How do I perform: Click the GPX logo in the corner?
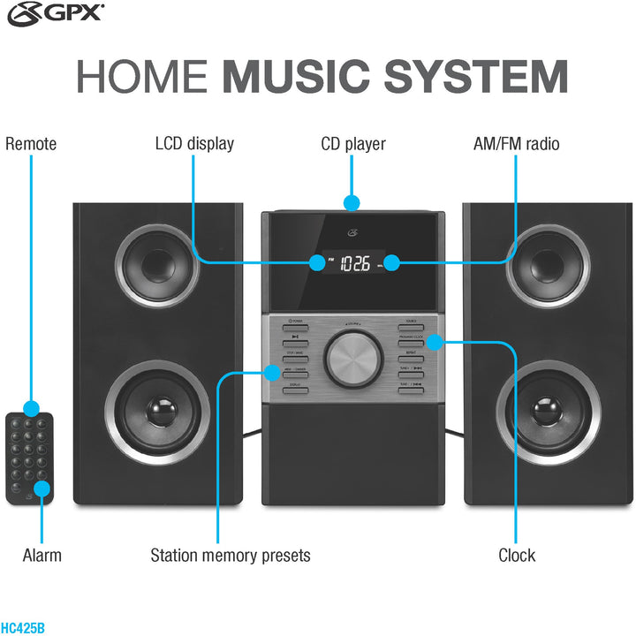click(x=55, y=12)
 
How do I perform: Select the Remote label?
click(x=31, y=144)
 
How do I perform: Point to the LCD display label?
click(x=194, y=144)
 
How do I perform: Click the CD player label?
click(x=352, y=144)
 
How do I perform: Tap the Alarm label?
click(x=42, y=556)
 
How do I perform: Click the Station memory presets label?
click(x=231, y=556)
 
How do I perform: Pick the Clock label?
click(x=517, y=556)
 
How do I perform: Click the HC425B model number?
click(x=22, y=628)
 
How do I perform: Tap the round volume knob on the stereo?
click(x=352, y=358)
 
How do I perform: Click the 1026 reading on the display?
click(x=355, y=263)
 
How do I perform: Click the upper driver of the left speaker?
click(x=156, y=263)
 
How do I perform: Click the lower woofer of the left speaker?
click(x=158, y=411)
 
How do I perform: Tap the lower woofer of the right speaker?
click(x=548, y=411)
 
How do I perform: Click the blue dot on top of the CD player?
click(x=352, y=203)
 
